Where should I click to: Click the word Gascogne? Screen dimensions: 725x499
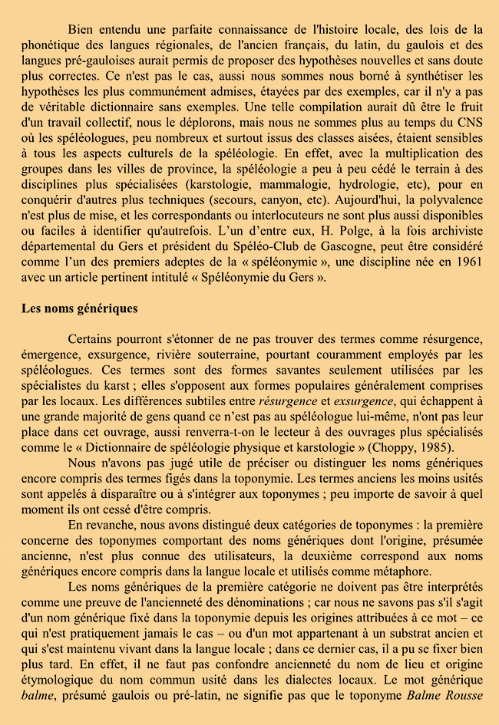pos(369,246)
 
